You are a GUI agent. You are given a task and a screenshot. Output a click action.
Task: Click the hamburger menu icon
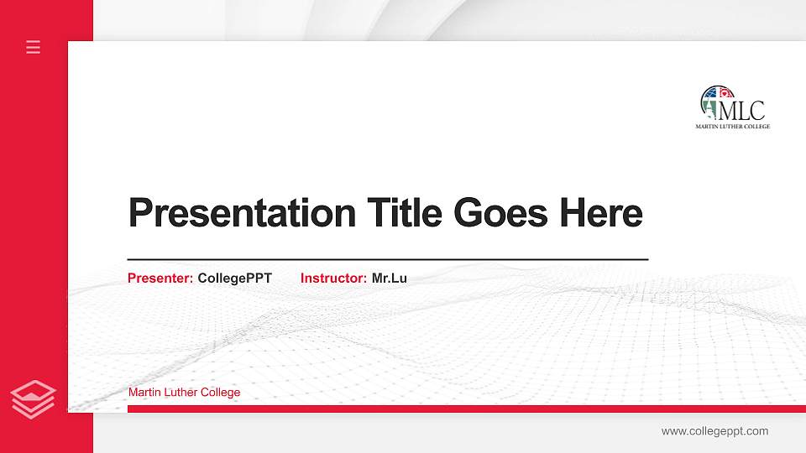(34, 47)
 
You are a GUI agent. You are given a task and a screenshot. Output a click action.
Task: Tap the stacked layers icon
(34, 398)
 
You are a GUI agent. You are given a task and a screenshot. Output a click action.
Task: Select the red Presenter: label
(160, 278)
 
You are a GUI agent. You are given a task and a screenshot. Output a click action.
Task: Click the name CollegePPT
(235, 278)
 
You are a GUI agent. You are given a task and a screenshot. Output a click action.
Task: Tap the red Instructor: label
(333, 278)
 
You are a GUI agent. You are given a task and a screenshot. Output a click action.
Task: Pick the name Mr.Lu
(390, 278)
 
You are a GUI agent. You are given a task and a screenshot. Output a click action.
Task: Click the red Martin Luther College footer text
(184, 392)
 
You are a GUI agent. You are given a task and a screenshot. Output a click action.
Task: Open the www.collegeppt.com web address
(714, 431)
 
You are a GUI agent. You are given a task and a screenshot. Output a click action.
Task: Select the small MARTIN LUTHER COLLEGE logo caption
(732, 127)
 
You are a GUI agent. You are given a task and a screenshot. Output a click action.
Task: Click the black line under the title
(387, 260)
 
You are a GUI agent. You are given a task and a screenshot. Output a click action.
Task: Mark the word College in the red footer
(222, 392)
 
